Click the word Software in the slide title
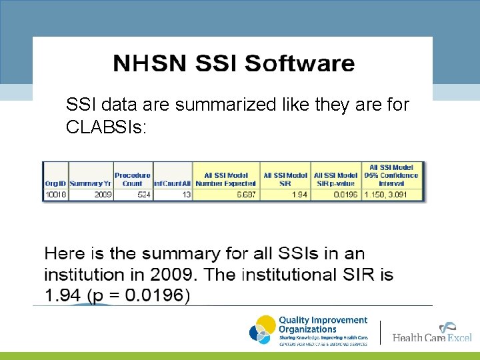[x=299, y=64]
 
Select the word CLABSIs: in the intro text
[x=105, y=127]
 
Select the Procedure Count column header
[x=133, y=179]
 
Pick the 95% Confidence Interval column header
[x=391, y=175]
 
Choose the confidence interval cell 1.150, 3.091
[x=391, y=195]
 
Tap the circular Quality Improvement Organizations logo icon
[x=262, y=330]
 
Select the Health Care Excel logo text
[x=431, y=337]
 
